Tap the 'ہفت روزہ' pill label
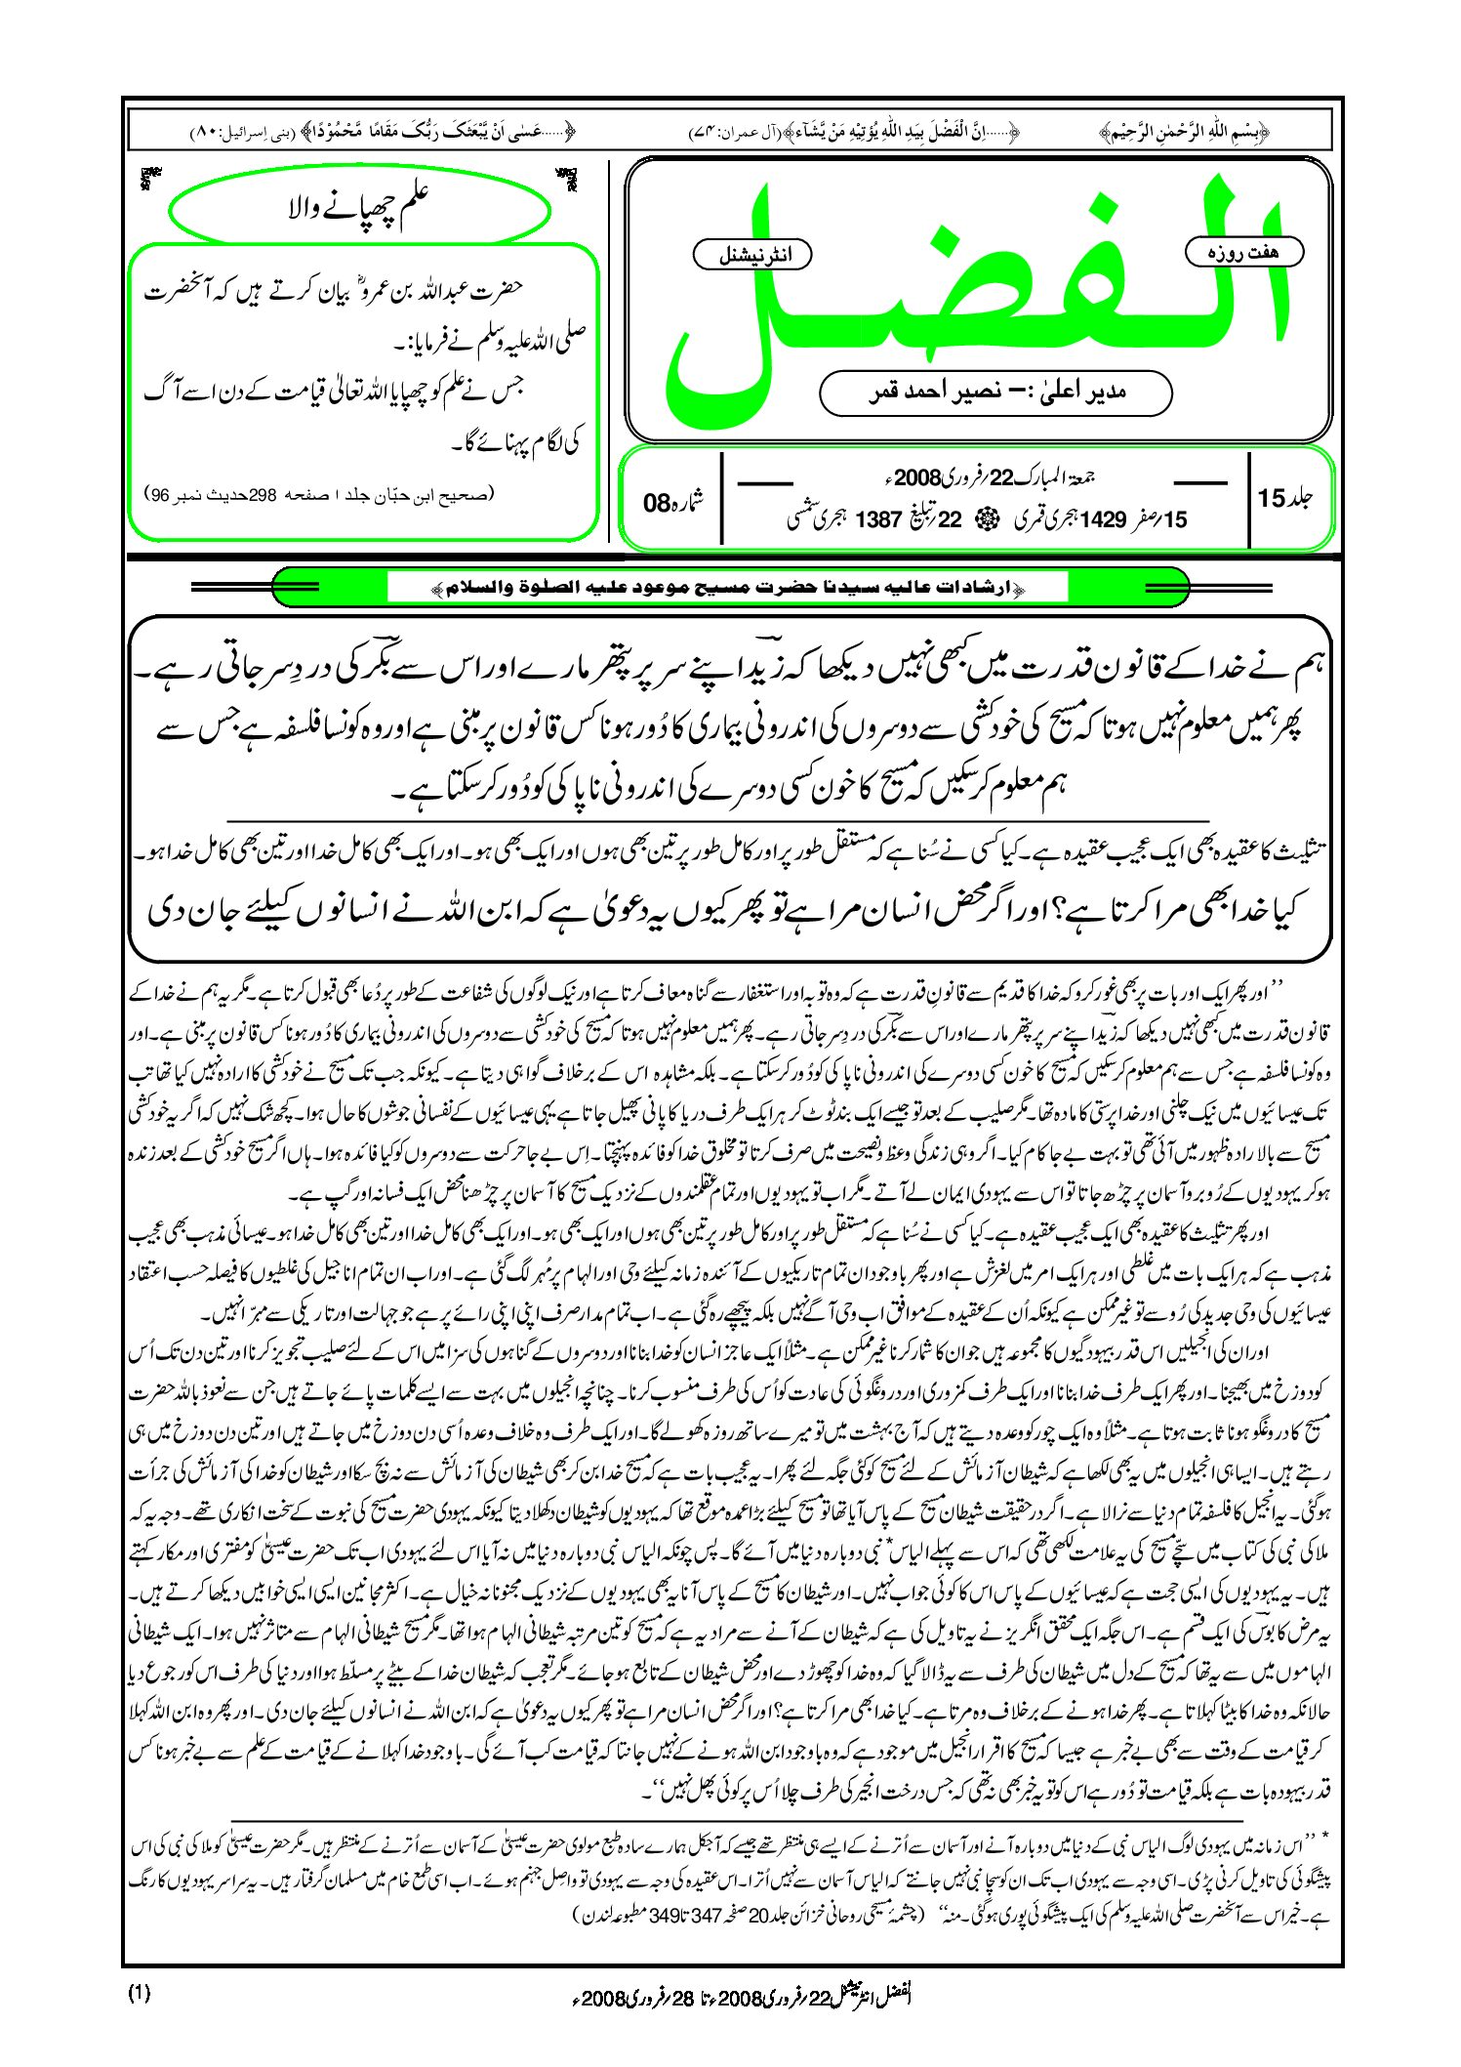click(1243, 252)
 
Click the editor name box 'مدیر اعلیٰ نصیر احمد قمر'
click(995, 393)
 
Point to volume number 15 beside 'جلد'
click(1272, 498)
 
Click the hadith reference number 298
click(264, 495)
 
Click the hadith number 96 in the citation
click(162, 495)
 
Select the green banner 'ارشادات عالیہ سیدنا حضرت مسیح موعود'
click(728, 588)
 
